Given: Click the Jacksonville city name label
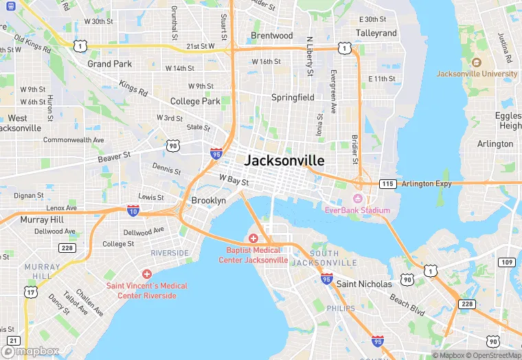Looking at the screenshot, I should pos(284,160).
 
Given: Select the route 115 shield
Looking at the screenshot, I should pos(388,183).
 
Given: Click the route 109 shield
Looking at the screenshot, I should pos(507,262).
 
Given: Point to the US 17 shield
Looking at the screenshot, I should pos(31,292).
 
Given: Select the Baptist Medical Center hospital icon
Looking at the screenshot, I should pos(253,238).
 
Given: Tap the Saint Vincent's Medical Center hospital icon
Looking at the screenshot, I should pos(146,274).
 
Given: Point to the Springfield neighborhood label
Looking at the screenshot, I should pos(293,98).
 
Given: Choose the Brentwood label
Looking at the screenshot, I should pos(271,35).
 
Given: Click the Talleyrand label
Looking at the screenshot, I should pos(376,33).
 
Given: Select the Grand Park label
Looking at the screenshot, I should pos(109,64).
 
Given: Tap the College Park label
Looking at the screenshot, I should pos(195,101).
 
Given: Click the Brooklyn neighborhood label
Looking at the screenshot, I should pos(208,201).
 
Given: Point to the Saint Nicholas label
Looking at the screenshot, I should pos(364,284).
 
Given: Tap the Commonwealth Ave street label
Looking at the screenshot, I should pos(73,139).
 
